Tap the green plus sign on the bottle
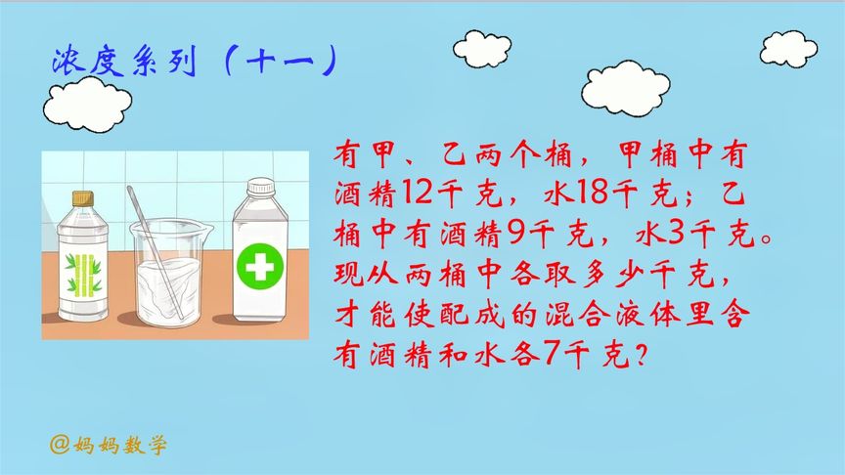click(258, 265)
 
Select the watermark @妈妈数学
click(109, 445)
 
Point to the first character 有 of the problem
click(348, 154)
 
